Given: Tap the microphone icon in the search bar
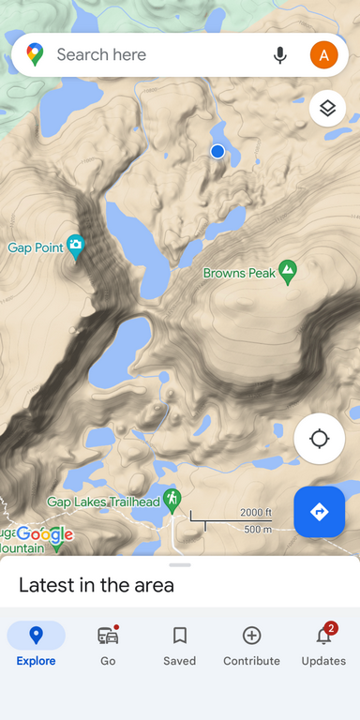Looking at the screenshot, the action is click(279, 55).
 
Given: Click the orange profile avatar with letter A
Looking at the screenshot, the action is click(324, 55).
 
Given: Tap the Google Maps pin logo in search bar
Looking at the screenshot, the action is click(35, 55).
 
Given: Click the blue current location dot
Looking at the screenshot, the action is click(217, 151).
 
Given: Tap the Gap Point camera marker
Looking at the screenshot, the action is click(76, 247).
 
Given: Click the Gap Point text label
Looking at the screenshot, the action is click(36, 248).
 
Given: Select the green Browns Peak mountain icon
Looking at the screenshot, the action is click(288, 272).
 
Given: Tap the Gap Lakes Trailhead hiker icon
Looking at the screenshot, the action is click(171, 499).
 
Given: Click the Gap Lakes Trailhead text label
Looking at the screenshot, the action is click(103, 502).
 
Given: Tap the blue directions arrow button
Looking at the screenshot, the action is click(319, 512).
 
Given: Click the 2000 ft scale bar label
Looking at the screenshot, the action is click(255, 512).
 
